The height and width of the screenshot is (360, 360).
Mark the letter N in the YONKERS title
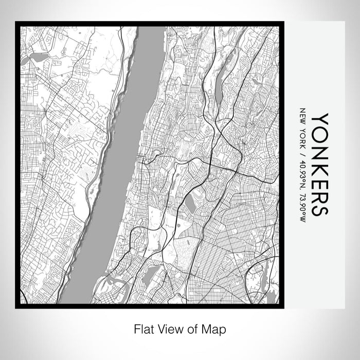319,149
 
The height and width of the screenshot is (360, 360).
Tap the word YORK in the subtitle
302,136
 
